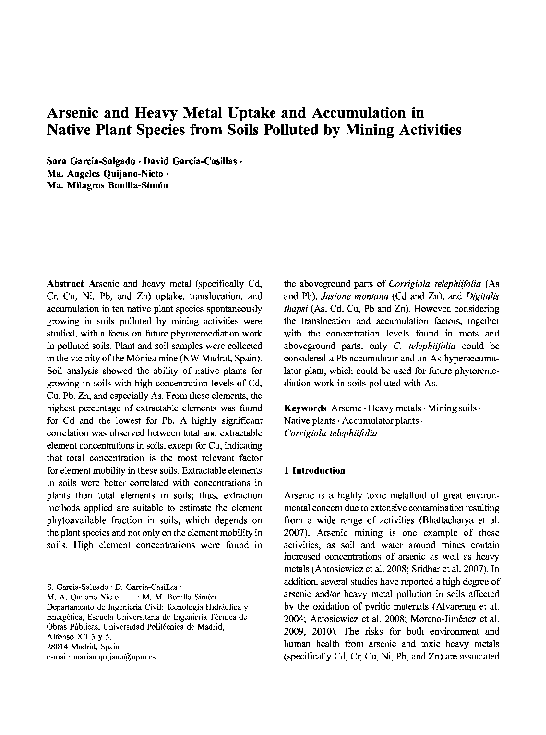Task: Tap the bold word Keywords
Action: click(308, 409)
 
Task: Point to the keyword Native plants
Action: click(311, 423)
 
